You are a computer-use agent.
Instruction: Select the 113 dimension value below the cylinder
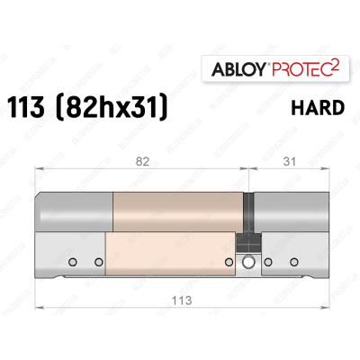tap(180, 302)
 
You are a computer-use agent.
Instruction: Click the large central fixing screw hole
tap(248, 263)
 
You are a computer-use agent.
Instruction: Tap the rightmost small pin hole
tap(292, 263)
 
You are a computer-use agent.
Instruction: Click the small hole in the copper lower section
tap(226, 263)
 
